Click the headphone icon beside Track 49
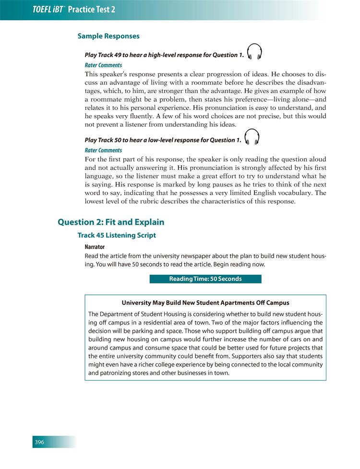[x=254, y=52]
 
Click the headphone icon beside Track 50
[x=252, y=137]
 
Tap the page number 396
[x=39, y=442]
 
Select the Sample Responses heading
[x=108, y=36]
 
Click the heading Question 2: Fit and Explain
[x=111, y=222]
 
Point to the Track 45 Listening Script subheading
[x=117, y=235]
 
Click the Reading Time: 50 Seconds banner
[x=205, y=279]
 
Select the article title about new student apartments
[x=205, y=303]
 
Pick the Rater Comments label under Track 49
[x=103, y=65]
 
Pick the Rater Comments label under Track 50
[x=103, y=150]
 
